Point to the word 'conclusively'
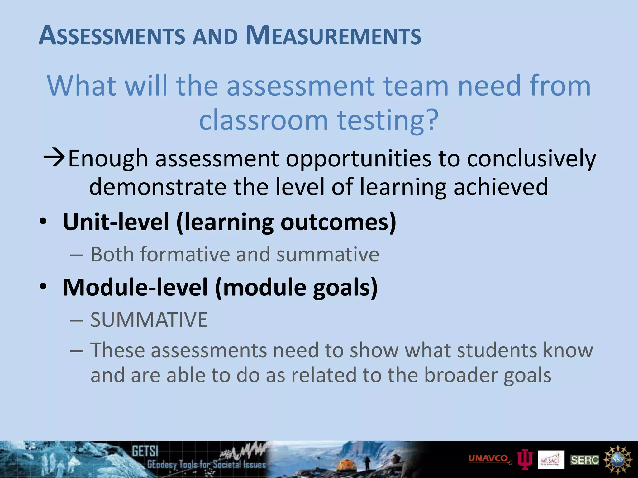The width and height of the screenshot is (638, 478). pyautogui.click(x=531, y=159)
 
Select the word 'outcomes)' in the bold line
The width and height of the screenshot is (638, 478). pyautogui.click(x=338, y=222)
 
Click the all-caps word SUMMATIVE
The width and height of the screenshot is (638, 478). pyautogui.click(x=149, y=320)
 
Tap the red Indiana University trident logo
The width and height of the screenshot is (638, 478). pyautogui.click(x=525, y=460)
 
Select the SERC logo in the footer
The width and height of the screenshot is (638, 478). pyautogui.click(x=585, y=460)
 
